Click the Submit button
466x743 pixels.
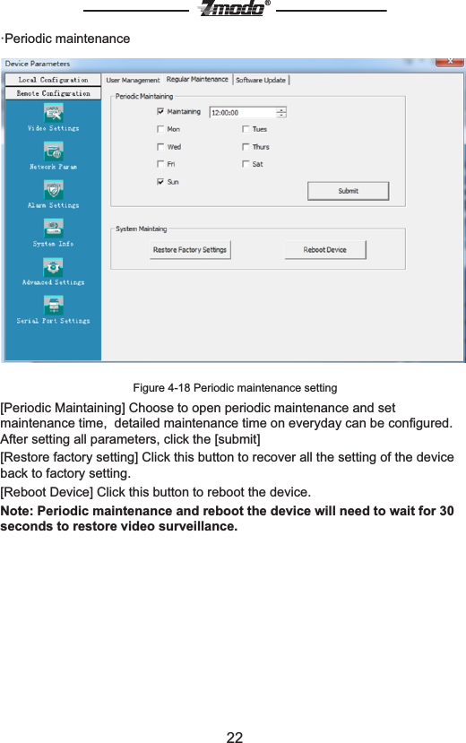pos(348,191)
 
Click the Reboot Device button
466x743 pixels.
pos(324,250)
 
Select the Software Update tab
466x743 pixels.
pos(261,80)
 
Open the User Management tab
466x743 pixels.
pos(133,80)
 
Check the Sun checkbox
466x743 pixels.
pos(160,181)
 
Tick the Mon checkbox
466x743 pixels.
pos(160,129)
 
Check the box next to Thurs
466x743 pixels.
pos(245,147)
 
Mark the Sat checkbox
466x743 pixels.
pos(245,164)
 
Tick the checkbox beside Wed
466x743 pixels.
pos(160,147)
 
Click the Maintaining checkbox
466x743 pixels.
pos(160,112)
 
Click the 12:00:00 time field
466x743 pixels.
pos(242,113)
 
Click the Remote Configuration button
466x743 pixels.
pos(53,93)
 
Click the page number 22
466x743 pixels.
pos(234,737)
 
